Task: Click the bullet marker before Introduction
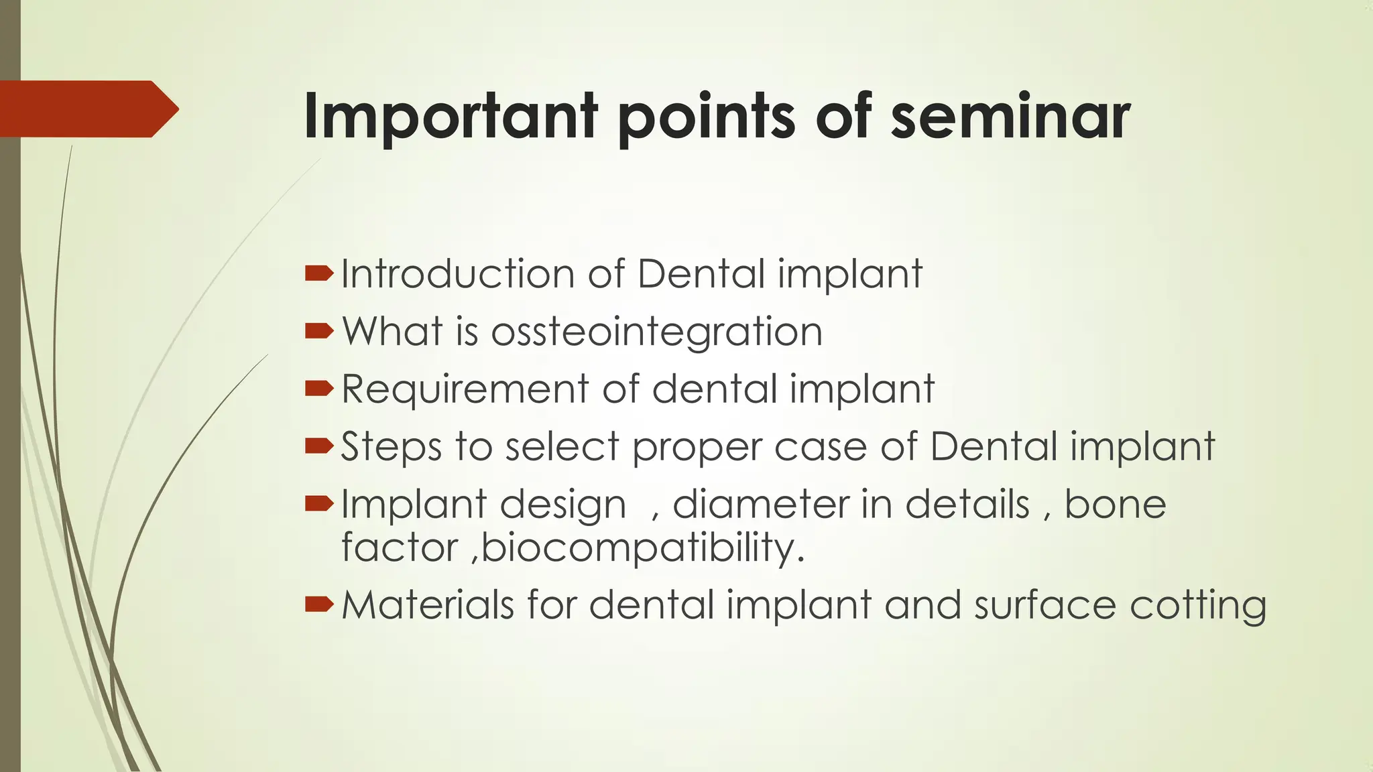(x=318, y=273)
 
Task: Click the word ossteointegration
(x=656, y=332)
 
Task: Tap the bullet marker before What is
(x=318, y=331)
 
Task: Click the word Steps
(x=391, y=447)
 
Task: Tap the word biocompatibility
(x=642, y=548)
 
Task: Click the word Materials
(x=428, y=604)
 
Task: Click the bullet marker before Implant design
(x=318, y=503)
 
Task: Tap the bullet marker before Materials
(x=318, y=604)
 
